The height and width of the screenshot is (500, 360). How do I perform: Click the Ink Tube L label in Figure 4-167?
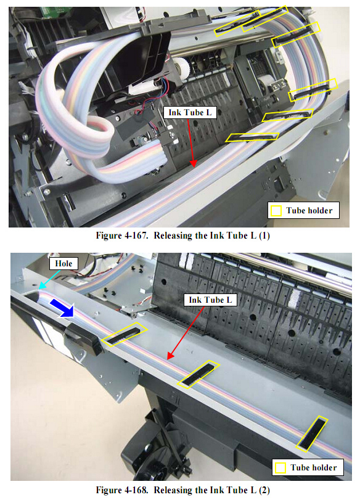point(190,113)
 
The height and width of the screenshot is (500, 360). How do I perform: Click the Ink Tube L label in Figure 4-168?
point(210,300)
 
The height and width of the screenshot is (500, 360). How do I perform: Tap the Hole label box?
point(63,263)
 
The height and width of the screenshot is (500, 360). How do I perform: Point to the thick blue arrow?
point(62,308)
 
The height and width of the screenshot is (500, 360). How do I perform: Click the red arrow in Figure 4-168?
point(186,333)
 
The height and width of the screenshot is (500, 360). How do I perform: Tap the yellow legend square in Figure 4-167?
point(276,210)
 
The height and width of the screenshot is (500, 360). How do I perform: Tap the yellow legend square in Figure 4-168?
point(280,468)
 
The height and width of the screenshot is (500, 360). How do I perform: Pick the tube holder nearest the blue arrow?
point(125,334)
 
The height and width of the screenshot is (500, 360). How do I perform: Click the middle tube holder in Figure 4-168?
point(198,374)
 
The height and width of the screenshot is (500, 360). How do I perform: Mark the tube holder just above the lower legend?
point(311,433)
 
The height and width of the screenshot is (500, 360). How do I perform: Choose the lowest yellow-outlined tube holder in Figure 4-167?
point(252,137)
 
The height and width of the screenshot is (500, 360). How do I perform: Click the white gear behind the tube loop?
point(181,68)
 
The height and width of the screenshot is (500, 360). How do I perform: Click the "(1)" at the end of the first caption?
point(264,236)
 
